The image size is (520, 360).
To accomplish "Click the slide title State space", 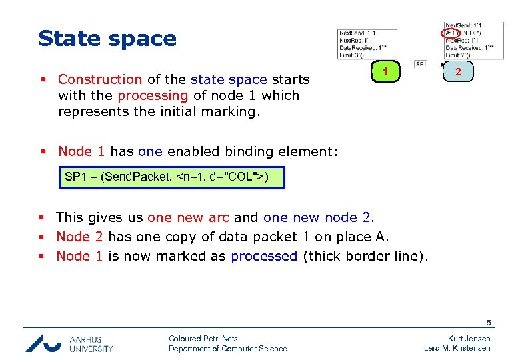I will tap(107, 38).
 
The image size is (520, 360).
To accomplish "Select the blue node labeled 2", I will tap(459, 71).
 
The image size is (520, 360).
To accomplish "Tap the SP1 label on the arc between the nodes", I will tap(421, 64).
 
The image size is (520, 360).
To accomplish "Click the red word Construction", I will tap(100, 79).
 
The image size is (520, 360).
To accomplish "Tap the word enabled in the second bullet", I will tap(191, 151).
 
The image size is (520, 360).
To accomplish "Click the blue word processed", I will tap(264, 256).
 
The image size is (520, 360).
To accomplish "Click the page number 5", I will tap(488, 323).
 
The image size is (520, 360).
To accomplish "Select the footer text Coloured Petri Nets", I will tap(203, 339).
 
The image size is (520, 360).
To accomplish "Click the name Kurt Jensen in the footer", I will tap(469, 339).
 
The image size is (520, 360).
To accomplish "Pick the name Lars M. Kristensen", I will tap(457, 348).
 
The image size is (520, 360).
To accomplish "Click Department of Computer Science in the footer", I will tap(227, 349).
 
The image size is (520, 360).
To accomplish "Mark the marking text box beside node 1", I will tap(367, 45).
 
